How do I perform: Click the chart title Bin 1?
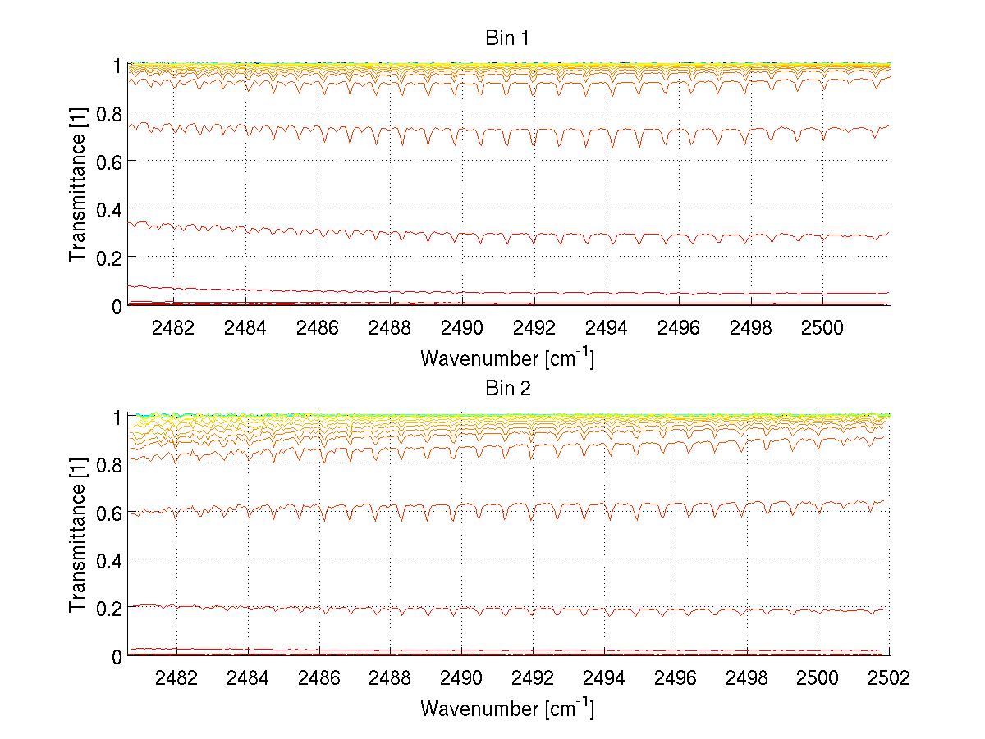click(x=507, y=39)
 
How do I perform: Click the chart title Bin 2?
click(x=507, y=389)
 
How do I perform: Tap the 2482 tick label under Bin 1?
click(x=172, y=329)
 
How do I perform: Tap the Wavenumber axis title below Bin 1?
click(x=507, y=358)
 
